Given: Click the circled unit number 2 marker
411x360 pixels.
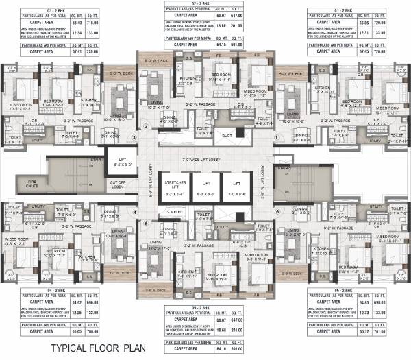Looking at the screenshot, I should [x=145, y=126].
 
